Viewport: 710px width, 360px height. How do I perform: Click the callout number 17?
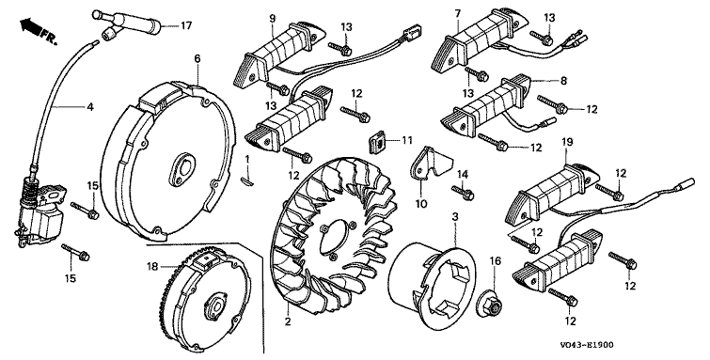click(x=186, y=25)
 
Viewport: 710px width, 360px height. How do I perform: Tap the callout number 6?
click(x=197, y=58)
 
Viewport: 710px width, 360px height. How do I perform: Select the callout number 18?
click(x=152, y=267)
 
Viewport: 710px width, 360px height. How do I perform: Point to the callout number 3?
click(x=455, y=217)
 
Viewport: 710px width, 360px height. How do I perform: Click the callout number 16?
click(x=496, y=260)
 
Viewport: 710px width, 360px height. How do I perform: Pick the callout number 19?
click(x=567, y=142)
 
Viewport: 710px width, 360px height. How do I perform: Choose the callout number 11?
click(x=406, y=140)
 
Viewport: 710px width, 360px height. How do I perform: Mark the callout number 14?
click(x=462, y=174)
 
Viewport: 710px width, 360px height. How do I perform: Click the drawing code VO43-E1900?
click(x=587, y=345)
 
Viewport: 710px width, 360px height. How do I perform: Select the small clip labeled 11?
click(x=377, y=141)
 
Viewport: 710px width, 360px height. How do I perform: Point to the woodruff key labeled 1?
click(x=248, y=180)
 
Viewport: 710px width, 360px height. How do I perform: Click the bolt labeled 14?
click(x=463, y=193)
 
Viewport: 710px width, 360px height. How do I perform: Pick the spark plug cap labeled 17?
click(x=126, y=23)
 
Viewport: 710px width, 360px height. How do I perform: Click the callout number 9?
click(x=272, y=19)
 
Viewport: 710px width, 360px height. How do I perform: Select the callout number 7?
click(x=458, y=13)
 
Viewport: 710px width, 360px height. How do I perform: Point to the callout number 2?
click(x=288, y=322)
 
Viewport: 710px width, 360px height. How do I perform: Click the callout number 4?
click(x=90, y=107)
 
